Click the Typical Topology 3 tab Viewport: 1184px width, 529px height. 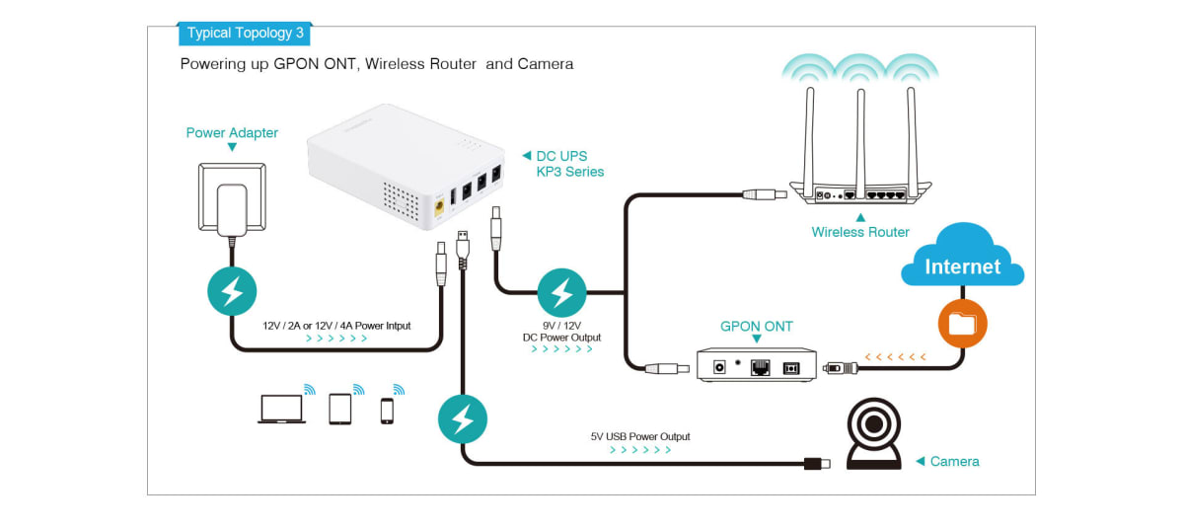[246, 33]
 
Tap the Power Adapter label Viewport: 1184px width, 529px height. [232, 132]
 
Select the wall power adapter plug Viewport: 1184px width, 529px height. [232, 209]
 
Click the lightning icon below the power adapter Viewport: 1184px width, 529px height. [232, 291]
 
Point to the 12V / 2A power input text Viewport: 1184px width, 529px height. [336, 325]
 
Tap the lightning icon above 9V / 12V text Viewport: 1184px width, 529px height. [561, 292]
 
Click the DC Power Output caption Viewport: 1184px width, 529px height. [561, 338]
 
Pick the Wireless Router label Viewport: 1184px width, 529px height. [859, 232]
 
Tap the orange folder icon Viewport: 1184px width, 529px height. [962, 324]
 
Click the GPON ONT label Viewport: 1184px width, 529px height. [757, 326]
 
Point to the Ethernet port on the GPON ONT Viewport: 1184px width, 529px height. [761, 367]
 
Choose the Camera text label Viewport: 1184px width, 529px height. [954, 461]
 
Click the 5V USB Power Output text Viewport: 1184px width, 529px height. [640, 436]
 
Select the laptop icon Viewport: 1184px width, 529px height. [281, 409]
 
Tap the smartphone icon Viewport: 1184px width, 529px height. [388, 411]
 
